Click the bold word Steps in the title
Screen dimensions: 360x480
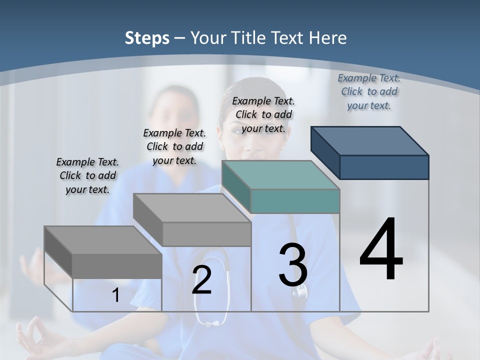tap(147, 38)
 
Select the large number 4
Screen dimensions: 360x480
tap(381, 250)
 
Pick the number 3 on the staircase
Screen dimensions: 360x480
tap(293, 265)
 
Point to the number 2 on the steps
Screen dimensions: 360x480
tap(201, 280)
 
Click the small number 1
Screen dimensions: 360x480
tap(115, 295)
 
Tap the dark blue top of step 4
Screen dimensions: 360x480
tap(370, 140)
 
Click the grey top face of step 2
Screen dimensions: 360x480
tap(192, 208)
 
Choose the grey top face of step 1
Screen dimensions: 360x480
tap(103, 240)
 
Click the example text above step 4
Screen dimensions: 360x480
tap(369, 91)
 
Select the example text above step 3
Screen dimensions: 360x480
tap(263, 114)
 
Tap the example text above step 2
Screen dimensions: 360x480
tap(174, 146)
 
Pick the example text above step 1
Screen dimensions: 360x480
tap(87, 175)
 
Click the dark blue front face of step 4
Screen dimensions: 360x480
tap(384, 167)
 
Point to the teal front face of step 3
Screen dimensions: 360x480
tap(295, 201)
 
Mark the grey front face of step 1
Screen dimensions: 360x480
tap(117, 265)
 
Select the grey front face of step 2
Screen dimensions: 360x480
tap(206, 234)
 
